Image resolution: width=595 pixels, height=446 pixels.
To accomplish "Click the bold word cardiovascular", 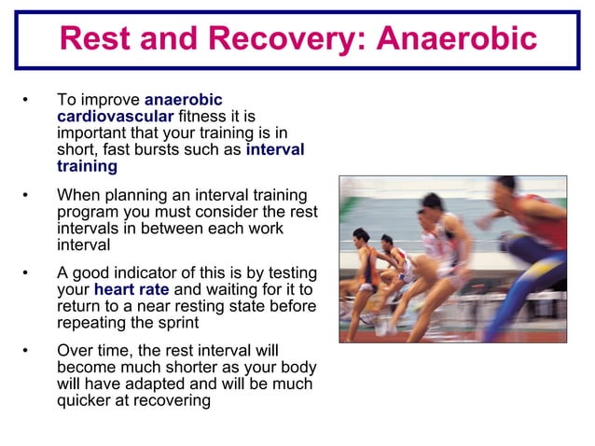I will pyautogui.click(x=115, y=116).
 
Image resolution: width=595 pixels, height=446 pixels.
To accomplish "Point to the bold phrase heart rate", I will pyautogui.click(x=131, y=289).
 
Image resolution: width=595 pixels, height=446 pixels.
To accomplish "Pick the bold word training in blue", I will pyautogui.click(x=87, y=166).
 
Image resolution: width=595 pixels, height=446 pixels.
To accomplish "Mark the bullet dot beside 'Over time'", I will pyautogui.click(x=28, y=350).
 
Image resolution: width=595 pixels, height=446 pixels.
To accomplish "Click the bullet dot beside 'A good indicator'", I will pyautogui.click(x=28, y=272).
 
